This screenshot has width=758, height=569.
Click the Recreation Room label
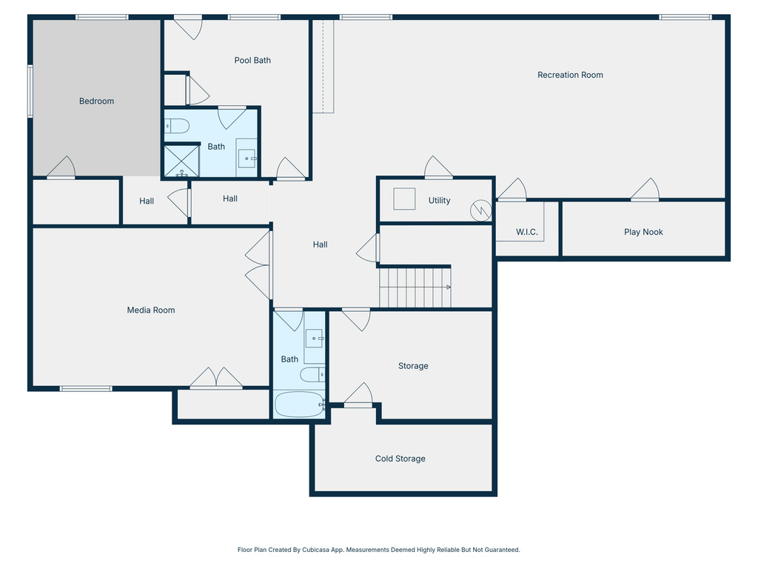pos(570,75)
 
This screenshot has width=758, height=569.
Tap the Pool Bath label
pos(252,60)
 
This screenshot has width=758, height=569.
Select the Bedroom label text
pos(97,101)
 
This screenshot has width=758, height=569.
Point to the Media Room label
pos(151,310)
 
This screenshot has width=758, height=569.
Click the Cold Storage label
pos(400,459)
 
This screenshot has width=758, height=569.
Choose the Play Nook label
pos(643,232)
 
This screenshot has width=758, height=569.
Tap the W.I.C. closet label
pos(527,233)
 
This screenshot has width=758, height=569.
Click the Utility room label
pos(439,201)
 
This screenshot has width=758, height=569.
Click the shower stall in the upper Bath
pos(181,160)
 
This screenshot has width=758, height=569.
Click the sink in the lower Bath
pos(315,339)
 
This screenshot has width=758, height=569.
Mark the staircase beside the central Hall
pos(415,287)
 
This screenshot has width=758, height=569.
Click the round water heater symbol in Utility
pos(482,210)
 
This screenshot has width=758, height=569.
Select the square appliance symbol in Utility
pos(404,199)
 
